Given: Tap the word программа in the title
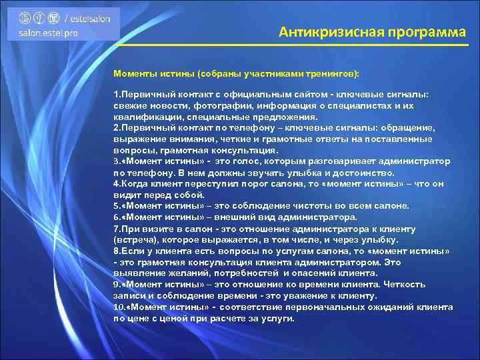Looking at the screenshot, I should tap(419, 32).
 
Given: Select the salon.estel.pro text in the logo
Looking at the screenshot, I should tap(48, 33).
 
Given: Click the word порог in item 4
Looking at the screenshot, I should tap(256, 183).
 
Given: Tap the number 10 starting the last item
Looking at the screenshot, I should tap(118, 307).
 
